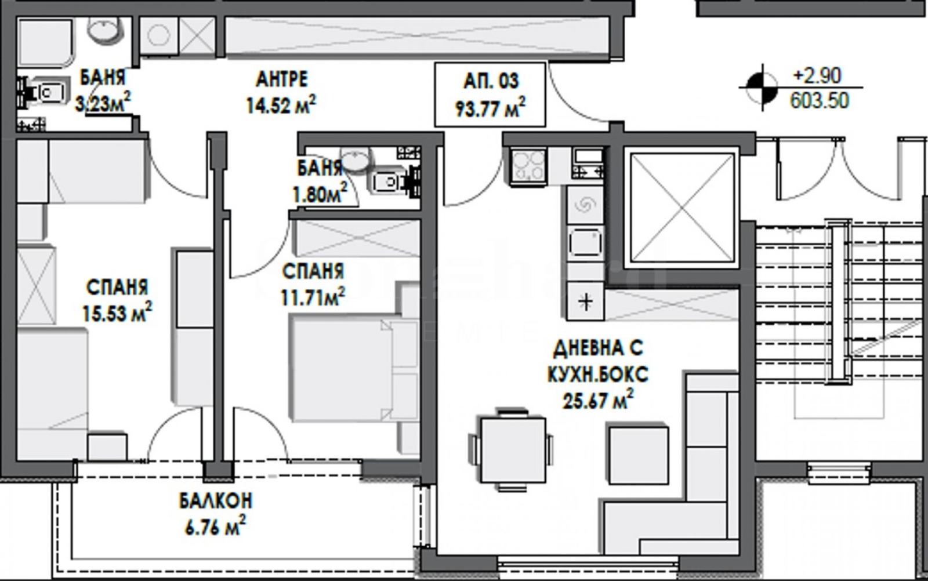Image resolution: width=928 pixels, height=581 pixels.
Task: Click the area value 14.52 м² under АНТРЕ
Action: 281,105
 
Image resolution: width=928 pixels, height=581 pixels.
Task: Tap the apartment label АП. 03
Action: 491,81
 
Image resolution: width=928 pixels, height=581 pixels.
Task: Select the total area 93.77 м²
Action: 491,108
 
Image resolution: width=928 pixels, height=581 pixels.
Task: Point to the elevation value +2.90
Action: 817,76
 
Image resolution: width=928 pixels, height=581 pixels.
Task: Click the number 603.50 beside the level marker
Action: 820,101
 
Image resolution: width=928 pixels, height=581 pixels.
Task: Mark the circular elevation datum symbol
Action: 762,88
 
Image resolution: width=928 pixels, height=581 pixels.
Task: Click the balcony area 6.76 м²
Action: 215,526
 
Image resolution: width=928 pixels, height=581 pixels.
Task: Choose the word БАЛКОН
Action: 215,501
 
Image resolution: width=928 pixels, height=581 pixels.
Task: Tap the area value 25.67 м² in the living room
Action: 598,400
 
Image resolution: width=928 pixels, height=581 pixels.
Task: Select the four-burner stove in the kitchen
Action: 527,166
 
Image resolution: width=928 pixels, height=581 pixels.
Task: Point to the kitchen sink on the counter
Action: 585,242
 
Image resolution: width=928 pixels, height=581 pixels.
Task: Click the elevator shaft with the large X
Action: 682,208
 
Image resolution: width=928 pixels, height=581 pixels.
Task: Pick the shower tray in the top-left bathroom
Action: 46,42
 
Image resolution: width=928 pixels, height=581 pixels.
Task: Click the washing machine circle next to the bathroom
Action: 158,35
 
